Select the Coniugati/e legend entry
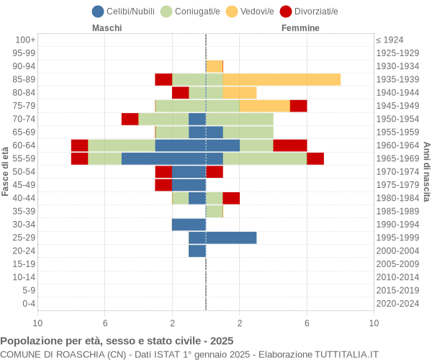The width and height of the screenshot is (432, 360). coord(190,11)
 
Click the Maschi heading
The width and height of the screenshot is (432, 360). coord(107,28)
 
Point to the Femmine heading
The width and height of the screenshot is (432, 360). coord(300,28)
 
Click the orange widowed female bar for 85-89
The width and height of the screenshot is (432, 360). coord(282,79)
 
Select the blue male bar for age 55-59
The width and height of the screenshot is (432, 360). coord(163,158)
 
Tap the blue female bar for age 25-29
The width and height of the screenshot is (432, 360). coord(231,238)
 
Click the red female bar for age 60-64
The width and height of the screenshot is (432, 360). coord(290,145)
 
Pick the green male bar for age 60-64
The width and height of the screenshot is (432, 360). coord(122,145)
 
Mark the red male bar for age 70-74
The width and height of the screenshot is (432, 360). coord(130,119)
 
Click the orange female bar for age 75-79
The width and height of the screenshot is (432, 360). coord(265,106)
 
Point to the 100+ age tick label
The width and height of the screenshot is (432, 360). coord(25,40)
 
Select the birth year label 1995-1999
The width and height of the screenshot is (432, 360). coord(397,238)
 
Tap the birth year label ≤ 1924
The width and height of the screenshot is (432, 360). coord(390,40)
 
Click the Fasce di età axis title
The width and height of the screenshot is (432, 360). coord(6,171)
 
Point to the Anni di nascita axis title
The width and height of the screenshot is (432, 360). coord(426,171)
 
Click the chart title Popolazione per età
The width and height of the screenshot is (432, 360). coord(117,341)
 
